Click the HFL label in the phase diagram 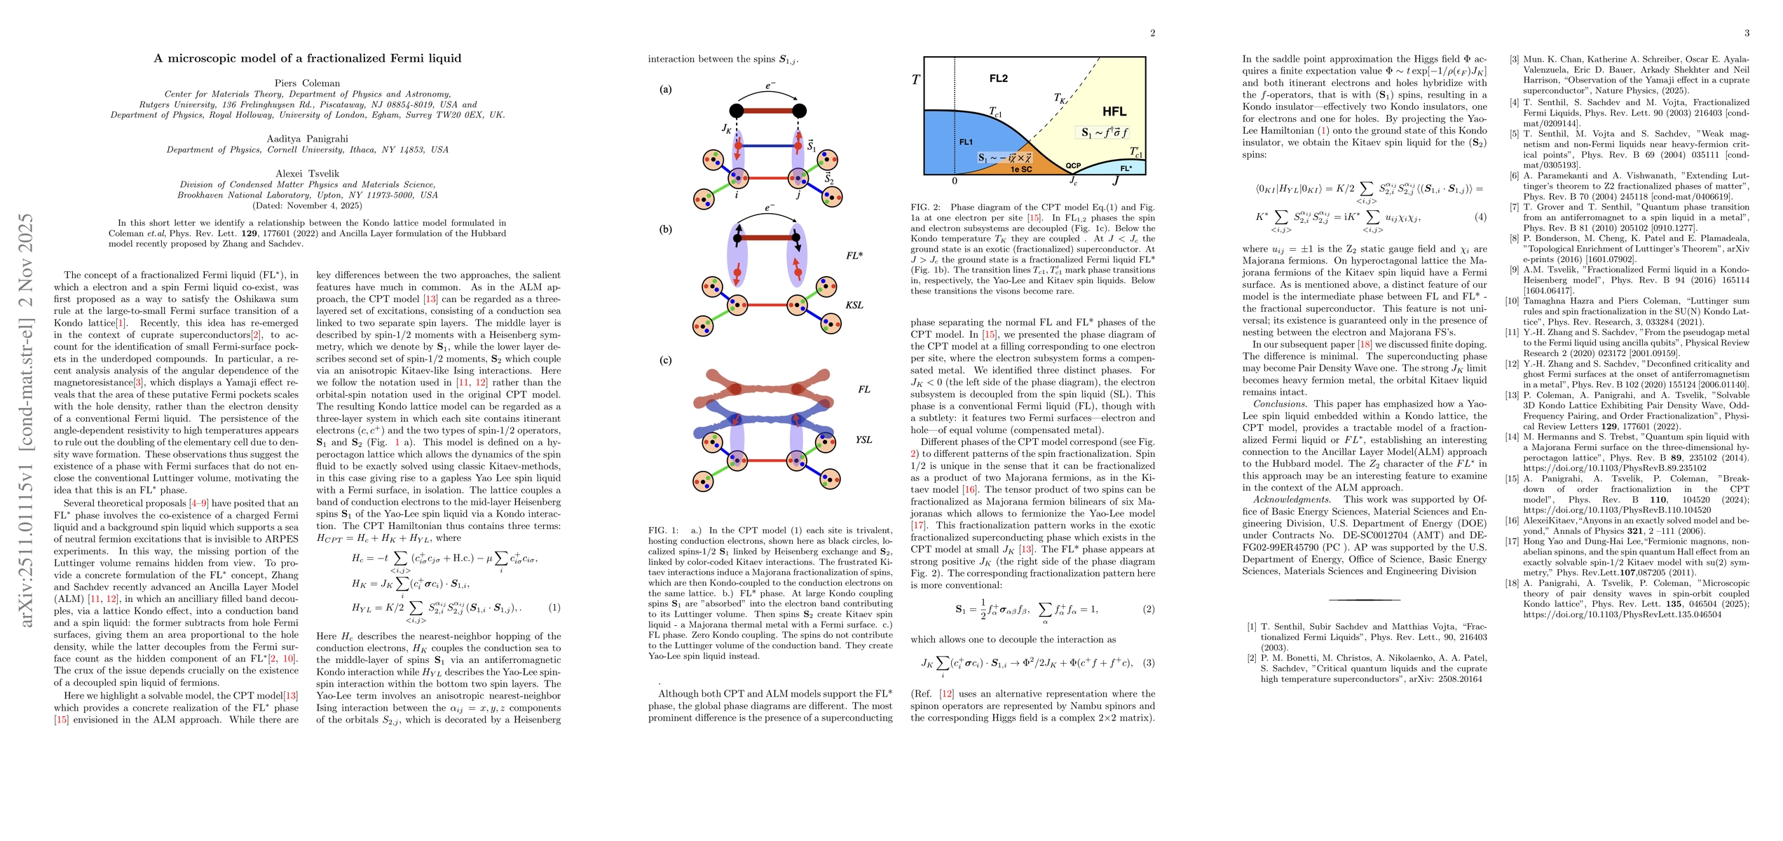pyautogui.click(x=1114, y=111)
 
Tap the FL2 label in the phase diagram pyautogui.click(x=999, y=78)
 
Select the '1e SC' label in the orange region pyautogui.click(x=1021, y=169)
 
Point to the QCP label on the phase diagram pyautogui.click(x=1073, y=166)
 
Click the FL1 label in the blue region pyautogui.click(x=966, y=142)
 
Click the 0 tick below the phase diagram pyautogui.click(x=955, y=181)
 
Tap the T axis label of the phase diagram pyautogui.click(x=915, y=80)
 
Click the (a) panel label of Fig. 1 pyautogui.click(x=665, y=89)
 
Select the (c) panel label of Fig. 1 pyautogui.click(x=665, y=360)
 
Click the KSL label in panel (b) pyautogui.click(x=854, y=305)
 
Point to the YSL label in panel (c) pyautogui.click(x=863, y=439)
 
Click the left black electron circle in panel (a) pyautogui.click(x=737, y=111)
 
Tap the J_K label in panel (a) pyautogui.click(x=726, y=128)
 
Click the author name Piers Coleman pyautogui.click(x=307, y=83)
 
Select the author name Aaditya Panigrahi pyautogui.click(x=307, y=139)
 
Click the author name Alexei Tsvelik pyautogui.click(x=307, y=173)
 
